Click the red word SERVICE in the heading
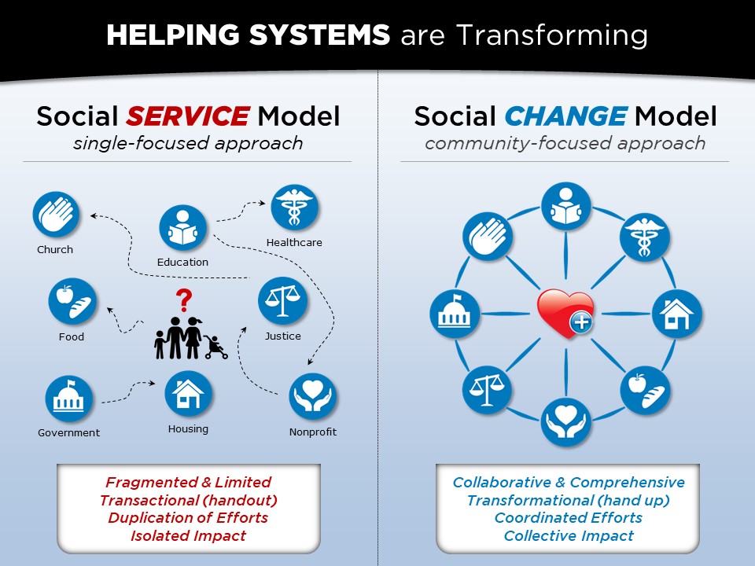[188, 116]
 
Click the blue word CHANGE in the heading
[565, 116]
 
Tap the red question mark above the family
[184, 300]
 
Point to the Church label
[55, 249]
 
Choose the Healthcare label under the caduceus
[294, 242]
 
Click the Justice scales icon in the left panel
[282, 301]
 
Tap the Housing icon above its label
[188, 394]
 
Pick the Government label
[69, 432]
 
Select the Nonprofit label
[313, 432]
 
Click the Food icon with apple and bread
[72, 302]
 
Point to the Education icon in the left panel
[183, 228]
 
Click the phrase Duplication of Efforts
[188, 517]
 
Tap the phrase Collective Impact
[569, 535]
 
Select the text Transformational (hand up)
[568, 500]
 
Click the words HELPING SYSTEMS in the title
[248, 35]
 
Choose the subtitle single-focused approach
[188, 143]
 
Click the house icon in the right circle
[676, 314]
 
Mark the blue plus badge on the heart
[582, 322]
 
